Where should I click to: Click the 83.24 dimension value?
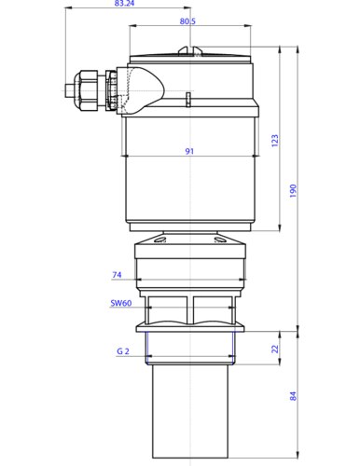click(124, 4)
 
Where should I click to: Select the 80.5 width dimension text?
click(187, 21)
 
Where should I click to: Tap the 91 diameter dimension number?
click(189, 151)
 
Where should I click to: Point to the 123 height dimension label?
click(275, 141)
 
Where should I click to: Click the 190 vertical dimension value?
click(293, 191)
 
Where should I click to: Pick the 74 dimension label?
click(117, 275)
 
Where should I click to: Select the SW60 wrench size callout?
click(121, 303)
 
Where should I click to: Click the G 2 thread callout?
click(123, 351)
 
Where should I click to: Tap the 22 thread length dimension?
click(275, 349)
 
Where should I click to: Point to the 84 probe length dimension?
click(293, 396)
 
